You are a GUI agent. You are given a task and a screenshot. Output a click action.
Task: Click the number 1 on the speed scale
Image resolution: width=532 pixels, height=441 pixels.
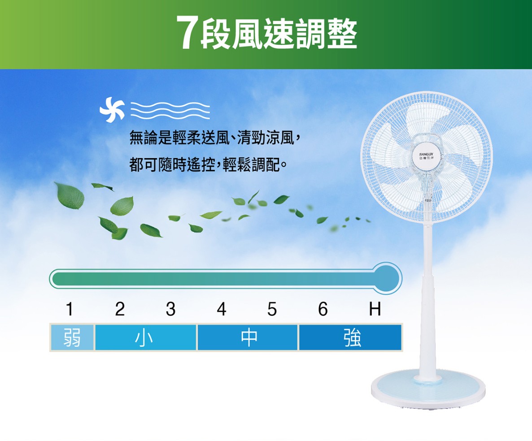pos(70,309)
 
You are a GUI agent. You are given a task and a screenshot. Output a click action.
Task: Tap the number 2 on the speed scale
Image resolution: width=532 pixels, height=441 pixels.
pos(120,309)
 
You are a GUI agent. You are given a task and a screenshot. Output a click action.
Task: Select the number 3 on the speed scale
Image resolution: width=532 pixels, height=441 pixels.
pos(170,309)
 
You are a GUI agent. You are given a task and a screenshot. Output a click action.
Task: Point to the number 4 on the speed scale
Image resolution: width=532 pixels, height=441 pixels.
pos(222,309)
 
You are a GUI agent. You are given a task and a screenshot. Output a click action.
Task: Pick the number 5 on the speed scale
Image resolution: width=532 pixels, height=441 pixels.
pos(272,309)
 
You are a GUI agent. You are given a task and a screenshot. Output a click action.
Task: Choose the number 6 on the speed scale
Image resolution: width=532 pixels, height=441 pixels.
pos(323,309)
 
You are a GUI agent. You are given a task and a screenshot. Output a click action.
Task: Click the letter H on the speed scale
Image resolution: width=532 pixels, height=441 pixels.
pos(375,309)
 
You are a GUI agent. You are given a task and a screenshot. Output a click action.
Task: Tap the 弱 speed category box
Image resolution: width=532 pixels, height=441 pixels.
pos(72,337)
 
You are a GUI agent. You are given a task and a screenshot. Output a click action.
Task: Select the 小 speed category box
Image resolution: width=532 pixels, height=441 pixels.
pos(145,337)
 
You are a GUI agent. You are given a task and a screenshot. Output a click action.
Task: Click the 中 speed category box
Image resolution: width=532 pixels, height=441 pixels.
pos(248,337)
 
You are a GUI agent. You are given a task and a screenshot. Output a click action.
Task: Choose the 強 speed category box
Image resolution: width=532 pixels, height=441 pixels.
pos(350,337)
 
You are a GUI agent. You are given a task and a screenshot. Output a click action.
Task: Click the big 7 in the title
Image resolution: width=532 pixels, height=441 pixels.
pos(187,33)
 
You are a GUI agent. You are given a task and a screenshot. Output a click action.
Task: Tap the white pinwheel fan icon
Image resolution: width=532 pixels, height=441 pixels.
pos(112,109)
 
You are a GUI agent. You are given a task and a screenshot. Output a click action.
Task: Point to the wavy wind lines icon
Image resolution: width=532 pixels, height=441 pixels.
pos(170,110)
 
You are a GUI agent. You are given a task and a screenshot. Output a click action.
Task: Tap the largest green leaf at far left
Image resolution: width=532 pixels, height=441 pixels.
pos(70,195)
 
